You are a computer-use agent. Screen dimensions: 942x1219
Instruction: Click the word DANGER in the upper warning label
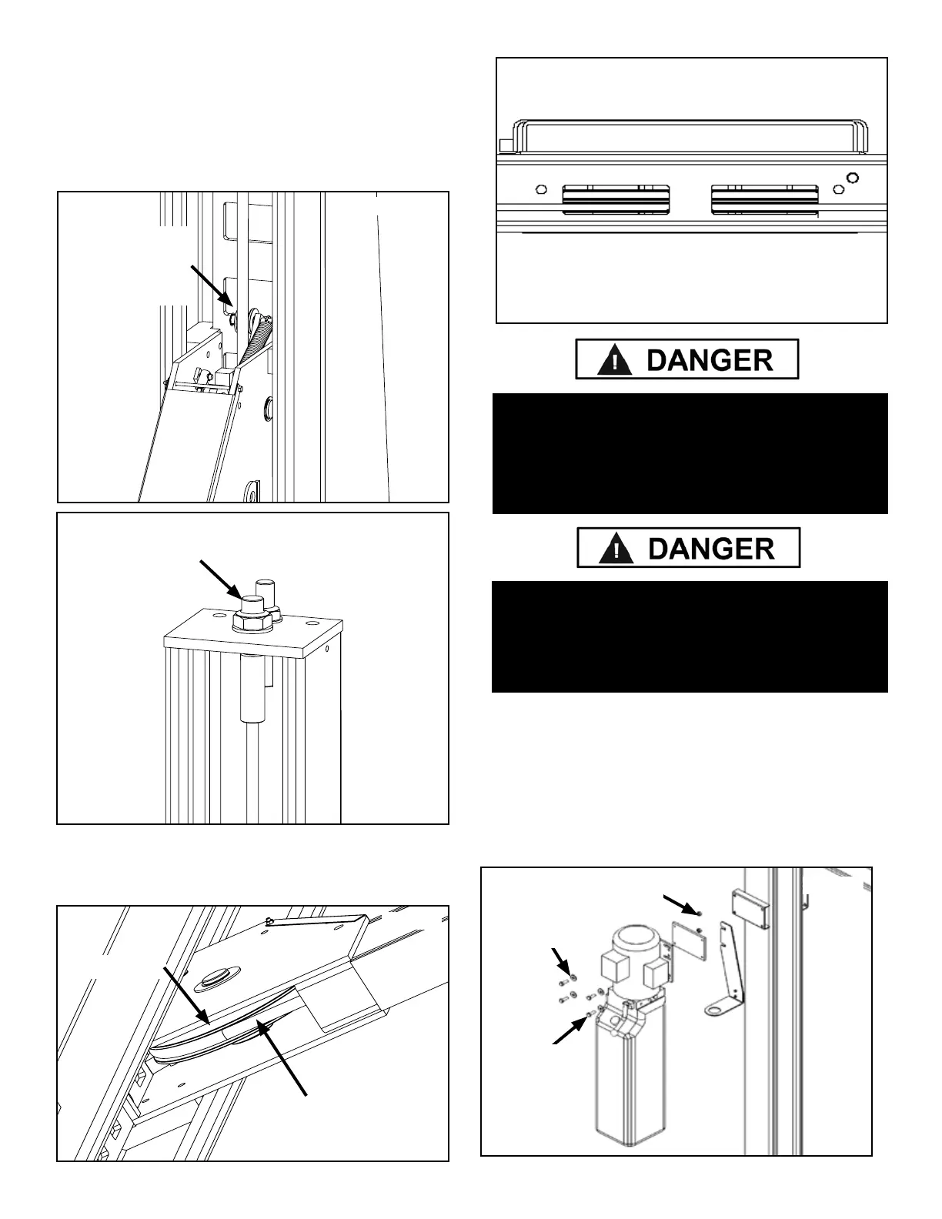(x=710, y=359)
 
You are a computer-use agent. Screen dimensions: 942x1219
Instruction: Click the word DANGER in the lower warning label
(x=711, y=548)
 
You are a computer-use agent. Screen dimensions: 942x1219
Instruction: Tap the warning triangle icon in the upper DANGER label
(x=615, y=360)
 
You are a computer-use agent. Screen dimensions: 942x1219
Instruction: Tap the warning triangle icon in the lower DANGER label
(x=616, y=548)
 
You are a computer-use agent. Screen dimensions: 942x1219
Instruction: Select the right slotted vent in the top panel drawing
(x=764, y=199)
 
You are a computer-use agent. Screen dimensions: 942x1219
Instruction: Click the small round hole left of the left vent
(x=540, y=189)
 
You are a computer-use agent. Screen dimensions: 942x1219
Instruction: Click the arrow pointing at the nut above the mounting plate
(x=681, y=904)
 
